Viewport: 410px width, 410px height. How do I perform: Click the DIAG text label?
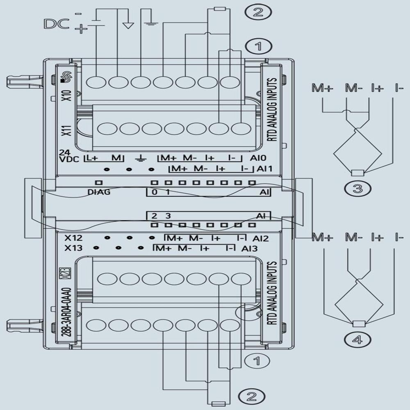tap(99, 192)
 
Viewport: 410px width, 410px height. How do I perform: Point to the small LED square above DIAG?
tap(98, 182)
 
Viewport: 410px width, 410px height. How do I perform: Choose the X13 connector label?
tap(73, 248)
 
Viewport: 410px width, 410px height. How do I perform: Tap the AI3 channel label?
tap(250, 248)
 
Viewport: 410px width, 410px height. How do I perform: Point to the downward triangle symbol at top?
tap(129, 25)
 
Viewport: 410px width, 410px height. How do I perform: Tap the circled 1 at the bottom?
tap(257, 361)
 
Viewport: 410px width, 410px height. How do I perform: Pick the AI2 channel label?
tap(260, 238)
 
